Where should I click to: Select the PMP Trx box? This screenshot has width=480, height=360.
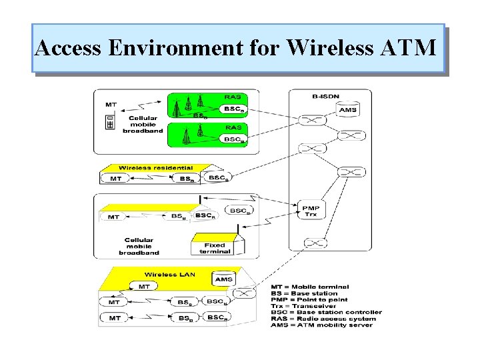coord(311,211)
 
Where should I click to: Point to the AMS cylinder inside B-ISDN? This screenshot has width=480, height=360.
coord(347,109)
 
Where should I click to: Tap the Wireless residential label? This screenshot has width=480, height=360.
coord(155,168)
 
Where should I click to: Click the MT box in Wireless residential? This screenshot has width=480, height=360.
coord(116,178)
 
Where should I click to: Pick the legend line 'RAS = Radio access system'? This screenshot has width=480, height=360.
coord(323,318)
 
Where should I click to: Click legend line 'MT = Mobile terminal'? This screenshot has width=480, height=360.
coord(309,287)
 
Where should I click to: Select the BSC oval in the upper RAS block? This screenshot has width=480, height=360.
coord(233,109)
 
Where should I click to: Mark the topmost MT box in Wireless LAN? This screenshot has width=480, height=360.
coord(144,287)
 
